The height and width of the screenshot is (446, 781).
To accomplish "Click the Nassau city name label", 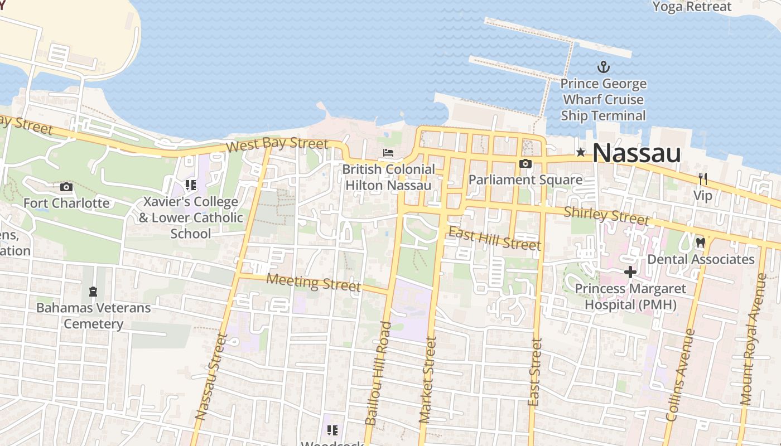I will pyautogui.click(x=637, y=153).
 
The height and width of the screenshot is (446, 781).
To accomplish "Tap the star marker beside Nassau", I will pyautogui.click(x=581, y=152).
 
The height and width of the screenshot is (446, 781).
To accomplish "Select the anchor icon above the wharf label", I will pyautogui.click(x=603, y=67).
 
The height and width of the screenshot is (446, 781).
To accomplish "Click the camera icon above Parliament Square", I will pyautogui.click(x=525, y=163).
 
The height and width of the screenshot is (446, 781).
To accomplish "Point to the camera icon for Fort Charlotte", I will pyautogui.click(x=66, y=187).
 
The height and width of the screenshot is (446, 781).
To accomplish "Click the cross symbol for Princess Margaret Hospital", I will pyautogui.click(x=630, y=272).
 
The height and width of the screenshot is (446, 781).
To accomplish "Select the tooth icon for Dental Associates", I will pyautogui.click(x=701, y=243).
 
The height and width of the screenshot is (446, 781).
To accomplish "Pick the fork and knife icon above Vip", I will pyautogui.click(x=703, y=179).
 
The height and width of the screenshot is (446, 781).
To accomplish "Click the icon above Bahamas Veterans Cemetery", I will pyautogui.click(x=93, y=291).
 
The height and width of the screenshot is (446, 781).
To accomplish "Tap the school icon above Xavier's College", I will pyautogui.click(x=191, y=185).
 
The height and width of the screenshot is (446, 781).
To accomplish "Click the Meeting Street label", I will pyautogui.click(x=314, y=282).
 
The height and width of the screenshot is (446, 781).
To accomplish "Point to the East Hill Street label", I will pyautogui.click(x=495, y=239).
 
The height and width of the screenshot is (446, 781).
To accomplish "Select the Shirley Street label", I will pyautogui.click(x=607, y=216).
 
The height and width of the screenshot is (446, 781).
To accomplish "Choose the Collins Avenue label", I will pyautogui.click(x=681, y=375).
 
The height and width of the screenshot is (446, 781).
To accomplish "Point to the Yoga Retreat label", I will pyautogui.click(x=692, y=7).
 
